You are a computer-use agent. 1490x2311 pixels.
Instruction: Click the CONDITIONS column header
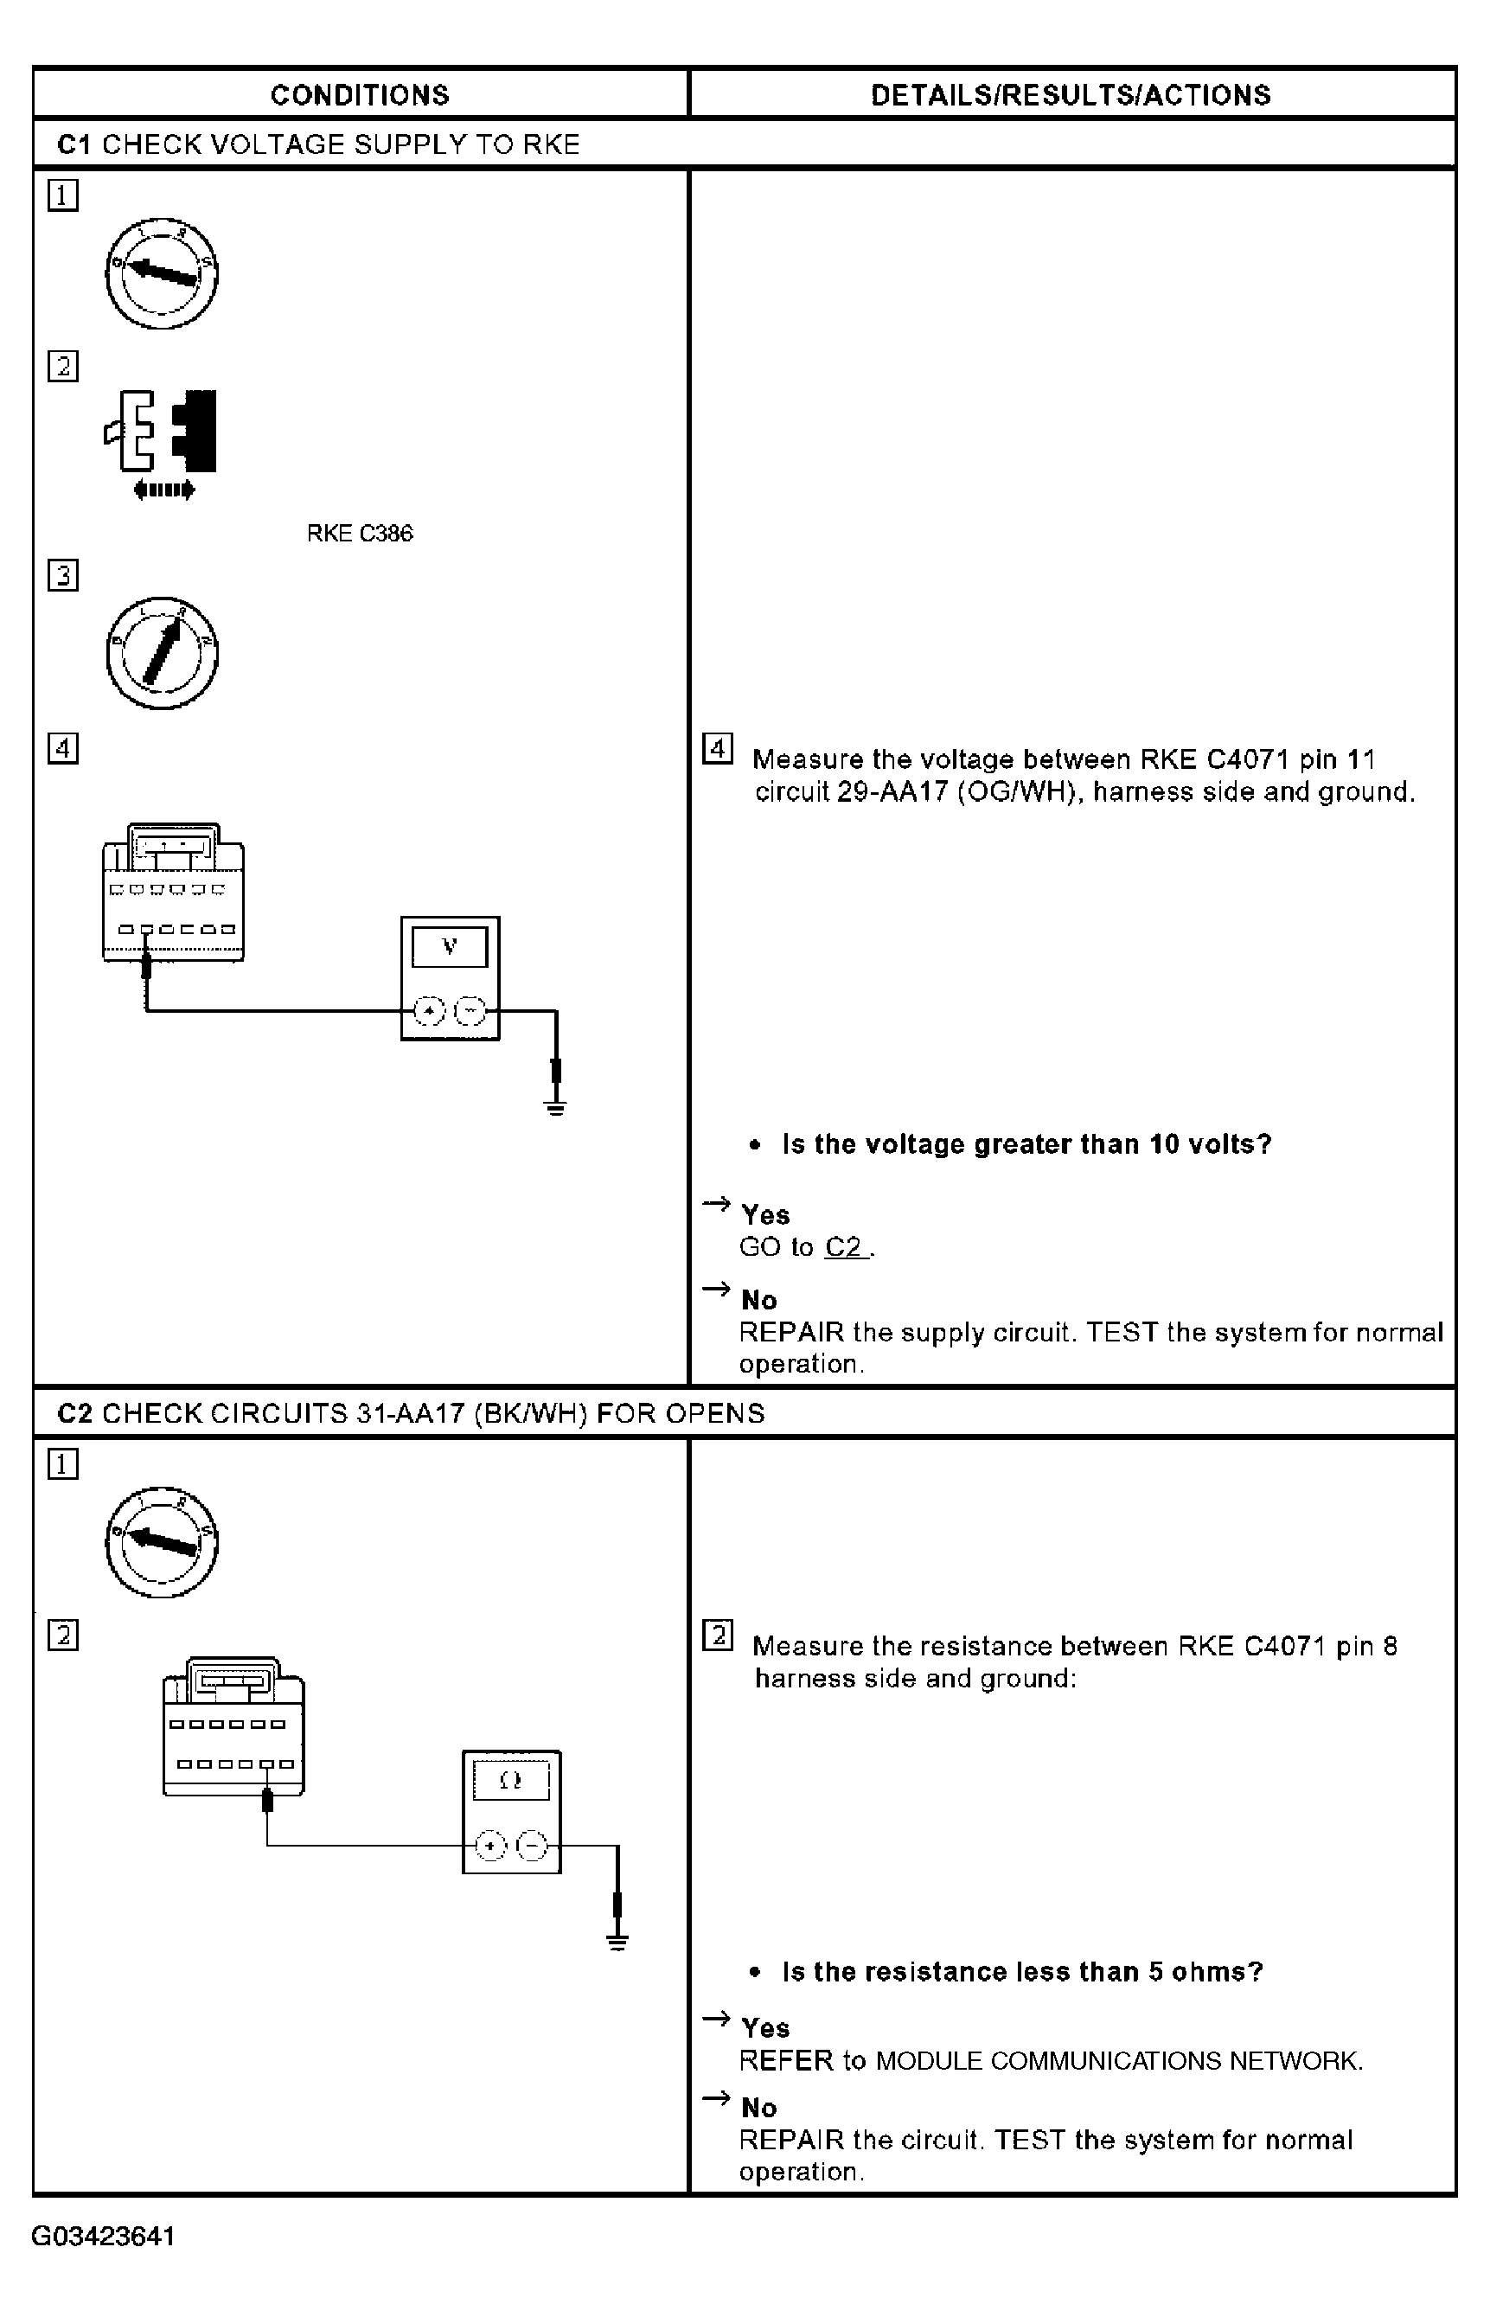click(x=359, y=95)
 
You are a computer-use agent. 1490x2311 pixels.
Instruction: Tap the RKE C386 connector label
click(x=359, y=534)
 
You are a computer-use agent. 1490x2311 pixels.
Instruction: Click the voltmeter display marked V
click(x=450, y=946)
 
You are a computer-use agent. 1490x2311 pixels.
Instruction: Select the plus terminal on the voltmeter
click(x=429, y=1011)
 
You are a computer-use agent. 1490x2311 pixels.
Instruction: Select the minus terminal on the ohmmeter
click(x=532, y=1847)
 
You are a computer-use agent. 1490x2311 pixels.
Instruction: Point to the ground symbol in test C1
click(x=555, y=1106)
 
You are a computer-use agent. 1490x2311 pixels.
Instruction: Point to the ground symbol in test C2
click(x=617, y=1940)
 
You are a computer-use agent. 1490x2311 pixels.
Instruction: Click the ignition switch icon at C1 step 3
click(x=162, y=653)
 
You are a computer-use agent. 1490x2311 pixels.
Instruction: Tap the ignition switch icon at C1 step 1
click(x=162, y=274)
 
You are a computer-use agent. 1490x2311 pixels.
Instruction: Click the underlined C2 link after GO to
click(x=844, y=1247)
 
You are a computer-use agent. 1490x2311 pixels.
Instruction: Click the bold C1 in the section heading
click(x=74, y=144)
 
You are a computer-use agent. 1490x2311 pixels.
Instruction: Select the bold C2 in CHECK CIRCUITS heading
click(x=74, y=1414)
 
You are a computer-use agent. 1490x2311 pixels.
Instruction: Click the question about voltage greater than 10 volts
click(x=1026, y=1144)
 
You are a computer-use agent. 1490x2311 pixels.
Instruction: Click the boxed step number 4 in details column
click(x=717, y=749)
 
